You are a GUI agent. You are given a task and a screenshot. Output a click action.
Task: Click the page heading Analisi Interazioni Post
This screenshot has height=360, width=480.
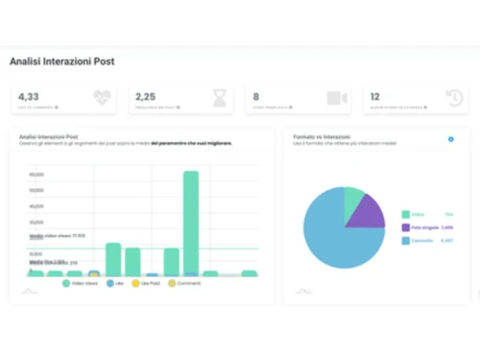coord(61,62)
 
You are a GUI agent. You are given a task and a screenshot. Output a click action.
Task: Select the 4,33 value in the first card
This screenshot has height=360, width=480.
coord(29,96)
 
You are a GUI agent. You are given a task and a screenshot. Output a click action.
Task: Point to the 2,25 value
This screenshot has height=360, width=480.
coord(145,96)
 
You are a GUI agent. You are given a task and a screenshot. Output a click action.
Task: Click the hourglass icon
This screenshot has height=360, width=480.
coord(220,98)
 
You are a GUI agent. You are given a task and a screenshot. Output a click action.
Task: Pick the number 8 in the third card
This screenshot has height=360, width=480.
coord(255,96)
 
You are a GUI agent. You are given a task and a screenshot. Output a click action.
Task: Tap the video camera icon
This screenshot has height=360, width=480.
coord(336,98)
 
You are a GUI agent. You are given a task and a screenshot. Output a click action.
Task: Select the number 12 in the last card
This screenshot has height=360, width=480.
coord(375,96)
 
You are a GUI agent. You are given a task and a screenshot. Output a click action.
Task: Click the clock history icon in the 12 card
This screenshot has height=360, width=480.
coord(454,98)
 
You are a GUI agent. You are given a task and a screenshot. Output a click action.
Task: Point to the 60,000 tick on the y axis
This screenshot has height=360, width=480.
coord(37,174)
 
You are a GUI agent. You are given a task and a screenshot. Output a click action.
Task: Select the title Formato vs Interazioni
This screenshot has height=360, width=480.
coord(323,137)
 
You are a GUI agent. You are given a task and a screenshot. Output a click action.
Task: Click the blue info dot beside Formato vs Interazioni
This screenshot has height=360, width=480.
coord(451,139)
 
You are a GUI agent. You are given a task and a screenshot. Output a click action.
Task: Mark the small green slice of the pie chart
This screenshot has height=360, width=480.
coord(354,199)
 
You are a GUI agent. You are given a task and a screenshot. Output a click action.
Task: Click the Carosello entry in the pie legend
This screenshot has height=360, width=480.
coord(422,241)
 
